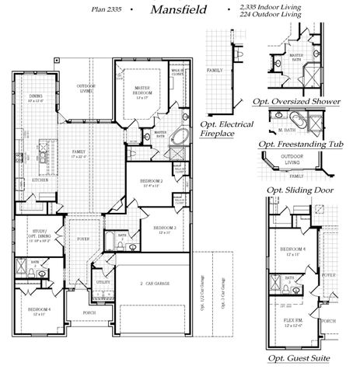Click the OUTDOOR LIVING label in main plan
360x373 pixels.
[86, 88]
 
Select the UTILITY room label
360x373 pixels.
[103, 283]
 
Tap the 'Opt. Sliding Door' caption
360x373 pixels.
[295, 190]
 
